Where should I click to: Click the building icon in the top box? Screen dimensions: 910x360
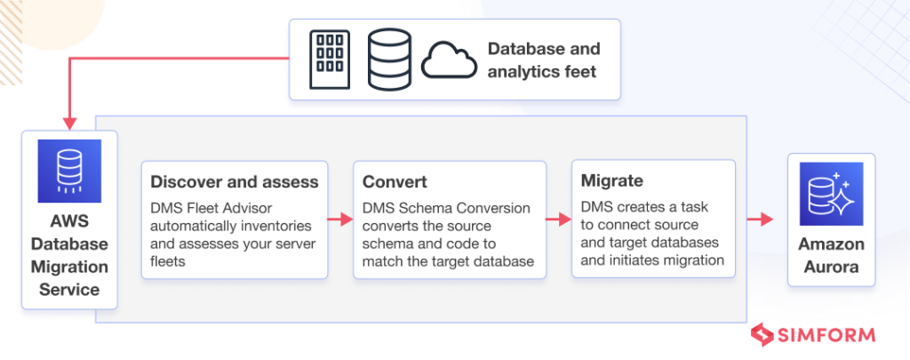[x=330, y=60]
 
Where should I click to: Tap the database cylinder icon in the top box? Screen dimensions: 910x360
[x=389, y=60]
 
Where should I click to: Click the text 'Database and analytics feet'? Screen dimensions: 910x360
[x=544, y=60]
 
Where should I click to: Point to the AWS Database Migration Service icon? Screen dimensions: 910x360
[x=69, y=171]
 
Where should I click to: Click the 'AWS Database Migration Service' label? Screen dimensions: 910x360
[x=69, y=255]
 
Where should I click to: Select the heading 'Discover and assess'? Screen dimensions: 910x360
[x=235, y=181]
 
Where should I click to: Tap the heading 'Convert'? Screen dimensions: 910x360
[x=395, y=181]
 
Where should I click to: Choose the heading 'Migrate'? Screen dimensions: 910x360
[x=611, y=180]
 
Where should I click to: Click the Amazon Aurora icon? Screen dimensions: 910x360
[x=831, y=194]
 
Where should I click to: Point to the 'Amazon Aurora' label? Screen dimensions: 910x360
[x=831, y=256]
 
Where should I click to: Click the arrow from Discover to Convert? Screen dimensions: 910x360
[x=340, y=219]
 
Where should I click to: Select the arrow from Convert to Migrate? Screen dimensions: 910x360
[x=559, y=219]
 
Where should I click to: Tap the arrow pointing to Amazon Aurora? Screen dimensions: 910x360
[x=760, y=219]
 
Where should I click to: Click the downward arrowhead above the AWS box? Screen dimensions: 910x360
[x=69, y=124]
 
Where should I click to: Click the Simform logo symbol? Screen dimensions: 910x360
[x=762, y=336]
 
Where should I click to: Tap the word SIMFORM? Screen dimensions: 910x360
[x=826, y=336]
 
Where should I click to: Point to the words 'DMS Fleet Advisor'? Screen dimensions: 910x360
[x=212, y=207]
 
